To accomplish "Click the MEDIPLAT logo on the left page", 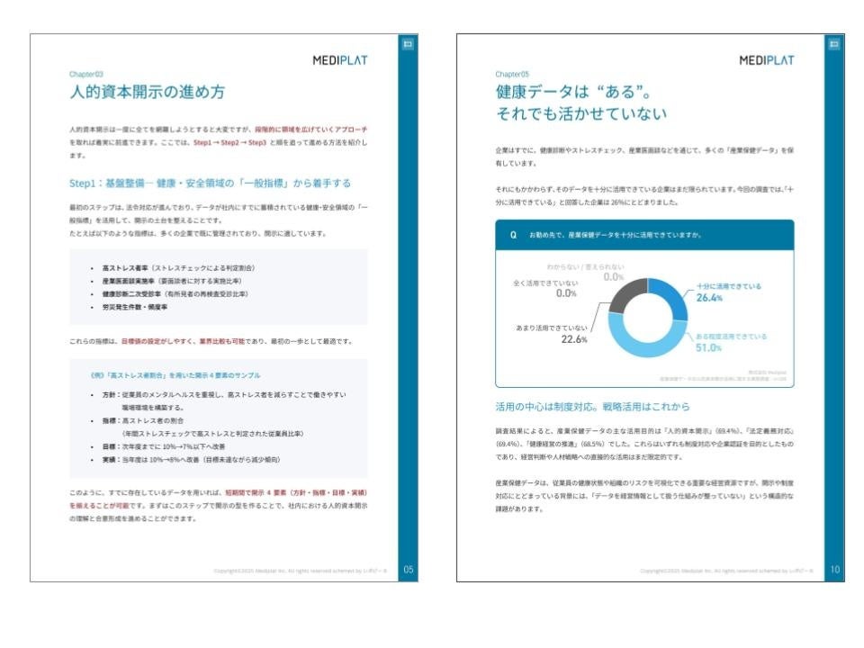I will [339, 60].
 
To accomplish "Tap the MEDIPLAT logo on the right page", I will [766, 60].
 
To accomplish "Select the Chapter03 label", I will [86, 75].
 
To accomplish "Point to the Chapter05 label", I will [512, 75].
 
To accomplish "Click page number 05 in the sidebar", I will [408, 569].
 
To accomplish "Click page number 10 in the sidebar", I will [834, 569].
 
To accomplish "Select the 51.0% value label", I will [710, 348].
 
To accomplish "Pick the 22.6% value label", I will [574, 339].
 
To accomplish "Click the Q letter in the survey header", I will [513, 235].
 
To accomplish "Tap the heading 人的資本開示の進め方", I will [148, 93].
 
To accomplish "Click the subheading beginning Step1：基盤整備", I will [210, 183].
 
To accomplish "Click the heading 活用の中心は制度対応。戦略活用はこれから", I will [592, 406].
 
